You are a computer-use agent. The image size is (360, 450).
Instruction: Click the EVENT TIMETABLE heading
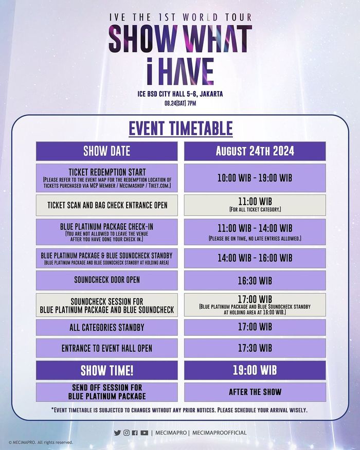[180, 128]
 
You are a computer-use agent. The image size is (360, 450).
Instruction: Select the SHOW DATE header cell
[106, 151]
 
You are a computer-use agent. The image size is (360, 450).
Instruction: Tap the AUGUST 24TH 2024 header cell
[255, 151]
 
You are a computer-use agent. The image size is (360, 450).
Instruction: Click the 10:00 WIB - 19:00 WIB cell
[255, 177]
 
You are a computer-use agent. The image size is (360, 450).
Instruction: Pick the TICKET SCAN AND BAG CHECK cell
[106, 205]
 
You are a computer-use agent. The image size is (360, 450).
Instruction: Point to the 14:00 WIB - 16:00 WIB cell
[255, 258]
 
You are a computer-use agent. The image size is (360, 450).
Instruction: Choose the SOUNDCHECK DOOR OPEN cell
[106, 280]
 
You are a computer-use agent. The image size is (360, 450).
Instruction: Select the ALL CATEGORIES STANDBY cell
[106, 327]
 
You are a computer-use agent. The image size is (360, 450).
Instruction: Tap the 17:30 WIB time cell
[255, 348]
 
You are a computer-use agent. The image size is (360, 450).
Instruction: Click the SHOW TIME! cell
[106, 370]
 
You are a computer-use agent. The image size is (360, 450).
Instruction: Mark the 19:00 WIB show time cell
[255, 370]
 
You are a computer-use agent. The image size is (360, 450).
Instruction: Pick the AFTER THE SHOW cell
[255, 392]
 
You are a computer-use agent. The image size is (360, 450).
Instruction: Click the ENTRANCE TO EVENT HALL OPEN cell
[106, 348]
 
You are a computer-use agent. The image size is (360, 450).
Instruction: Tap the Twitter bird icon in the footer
[117, 433]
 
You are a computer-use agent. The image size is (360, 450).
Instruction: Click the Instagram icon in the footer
[126, 433]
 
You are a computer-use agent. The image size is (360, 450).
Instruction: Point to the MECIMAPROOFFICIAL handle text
[219, 433]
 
